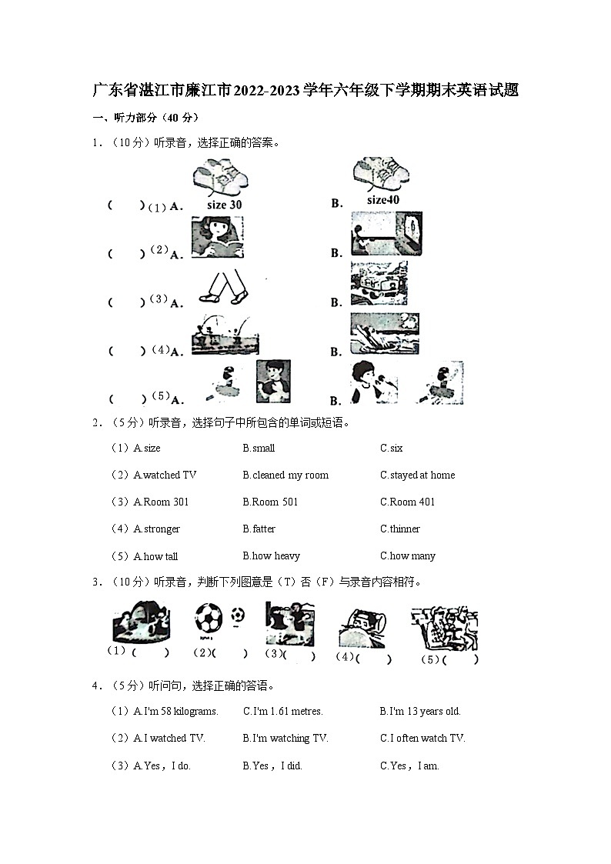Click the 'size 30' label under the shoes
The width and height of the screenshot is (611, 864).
(224, 205)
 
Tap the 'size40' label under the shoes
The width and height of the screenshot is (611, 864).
(383, 200)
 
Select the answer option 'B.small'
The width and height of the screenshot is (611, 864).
(259, 449)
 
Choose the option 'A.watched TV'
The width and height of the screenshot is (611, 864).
(165, 475)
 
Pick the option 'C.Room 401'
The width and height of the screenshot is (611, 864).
(407, 502)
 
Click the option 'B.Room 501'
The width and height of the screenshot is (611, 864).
(270, 502)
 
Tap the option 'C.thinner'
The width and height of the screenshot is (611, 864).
(400, 529)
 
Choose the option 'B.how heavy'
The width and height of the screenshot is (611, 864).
(271, 556)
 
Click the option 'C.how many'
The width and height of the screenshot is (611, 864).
(407, 556)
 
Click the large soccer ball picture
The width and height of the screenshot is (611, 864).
(208, 618)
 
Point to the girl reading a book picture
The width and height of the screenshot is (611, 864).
(217, 236)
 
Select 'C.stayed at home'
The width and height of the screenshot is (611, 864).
(417, 475)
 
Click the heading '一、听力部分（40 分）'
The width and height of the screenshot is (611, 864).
(145, 118)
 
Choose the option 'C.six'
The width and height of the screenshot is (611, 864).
(391, 449)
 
